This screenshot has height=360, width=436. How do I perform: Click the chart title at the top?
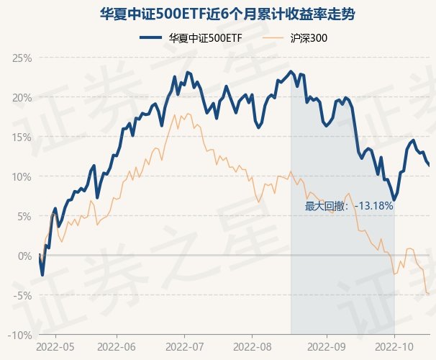(217, 14)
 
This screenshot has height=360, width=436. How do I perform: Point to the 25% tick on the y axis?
(22, 58)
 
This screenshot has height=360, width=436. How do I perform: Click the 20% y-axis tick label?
(22, 97)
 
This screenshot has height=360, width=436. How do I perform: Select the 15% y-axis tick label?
(22, 137)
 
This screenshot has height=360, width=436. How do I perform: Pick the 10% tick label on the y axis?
(22, 176)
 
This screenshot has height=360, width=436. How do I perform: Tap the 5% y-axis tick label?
(24, 216)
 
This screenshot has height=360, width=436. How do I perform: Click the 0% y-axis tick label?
(24, 256)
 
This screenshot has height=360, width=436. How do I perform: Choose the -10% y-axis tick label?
(21, 335)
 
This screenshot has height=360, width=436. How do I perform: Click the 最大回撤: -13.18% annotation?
(349, 206)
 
